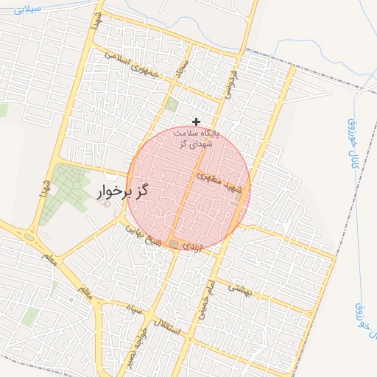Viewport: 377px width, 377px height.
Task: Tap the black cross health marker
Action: (196, 121)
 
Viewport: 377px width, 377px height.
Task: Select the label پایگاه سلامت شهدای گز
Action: (195, 138)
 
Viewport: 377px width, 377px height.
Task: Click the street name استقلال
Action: (166, 325)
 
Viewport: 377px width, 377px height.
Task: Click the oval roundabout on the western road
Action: (29, 237)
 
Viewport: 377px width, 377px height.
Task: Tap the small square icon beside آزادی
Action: (174, 243)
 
